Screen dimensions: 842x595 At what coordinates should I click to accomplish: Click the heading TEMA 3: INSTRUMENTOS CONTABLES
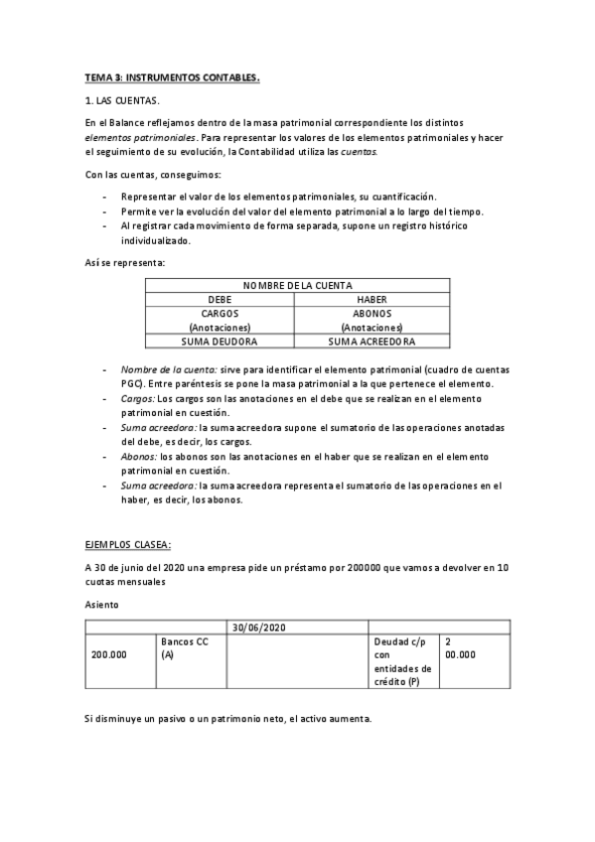pos(172,77)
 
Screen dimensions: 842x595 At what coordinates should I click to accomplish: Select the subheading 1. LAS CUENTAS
pos(121,101)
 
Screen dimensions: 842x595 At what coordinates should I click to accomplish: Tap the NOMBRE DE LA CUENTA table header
pos(297,285)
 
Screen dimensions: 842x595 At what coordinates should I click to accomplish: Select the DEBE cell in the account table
pos(220,299)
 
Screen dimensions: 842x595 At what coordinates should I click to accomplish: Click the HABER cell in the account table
pos(372,299)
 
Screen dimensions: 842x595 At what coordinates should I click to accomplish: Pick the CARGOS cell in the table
pos(220,313)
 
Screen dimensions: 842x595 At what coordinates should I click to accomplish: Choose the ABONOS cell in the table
pos(372,313)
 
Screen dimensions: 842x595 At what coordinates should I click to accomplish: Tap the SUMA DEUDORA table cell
pos(220,341)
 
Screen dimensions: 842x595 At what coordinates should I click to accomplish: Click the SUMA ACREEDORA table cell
pos(372,341)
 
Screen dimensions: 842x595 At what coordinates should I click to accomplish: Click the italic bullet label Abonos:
pos(142,457)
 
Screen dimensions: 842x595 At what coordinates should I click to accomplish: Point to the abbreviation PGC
pos(132,383)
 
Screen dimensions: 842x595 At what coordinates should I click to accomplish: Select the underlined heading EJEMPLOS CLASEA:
pos(128,544)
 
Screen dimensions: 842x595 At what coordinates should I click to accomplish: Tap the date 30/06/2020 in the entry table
pos(259,628)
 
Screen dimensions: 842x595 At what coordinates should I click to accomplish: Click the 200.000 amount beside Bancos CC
pos(108,655)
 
